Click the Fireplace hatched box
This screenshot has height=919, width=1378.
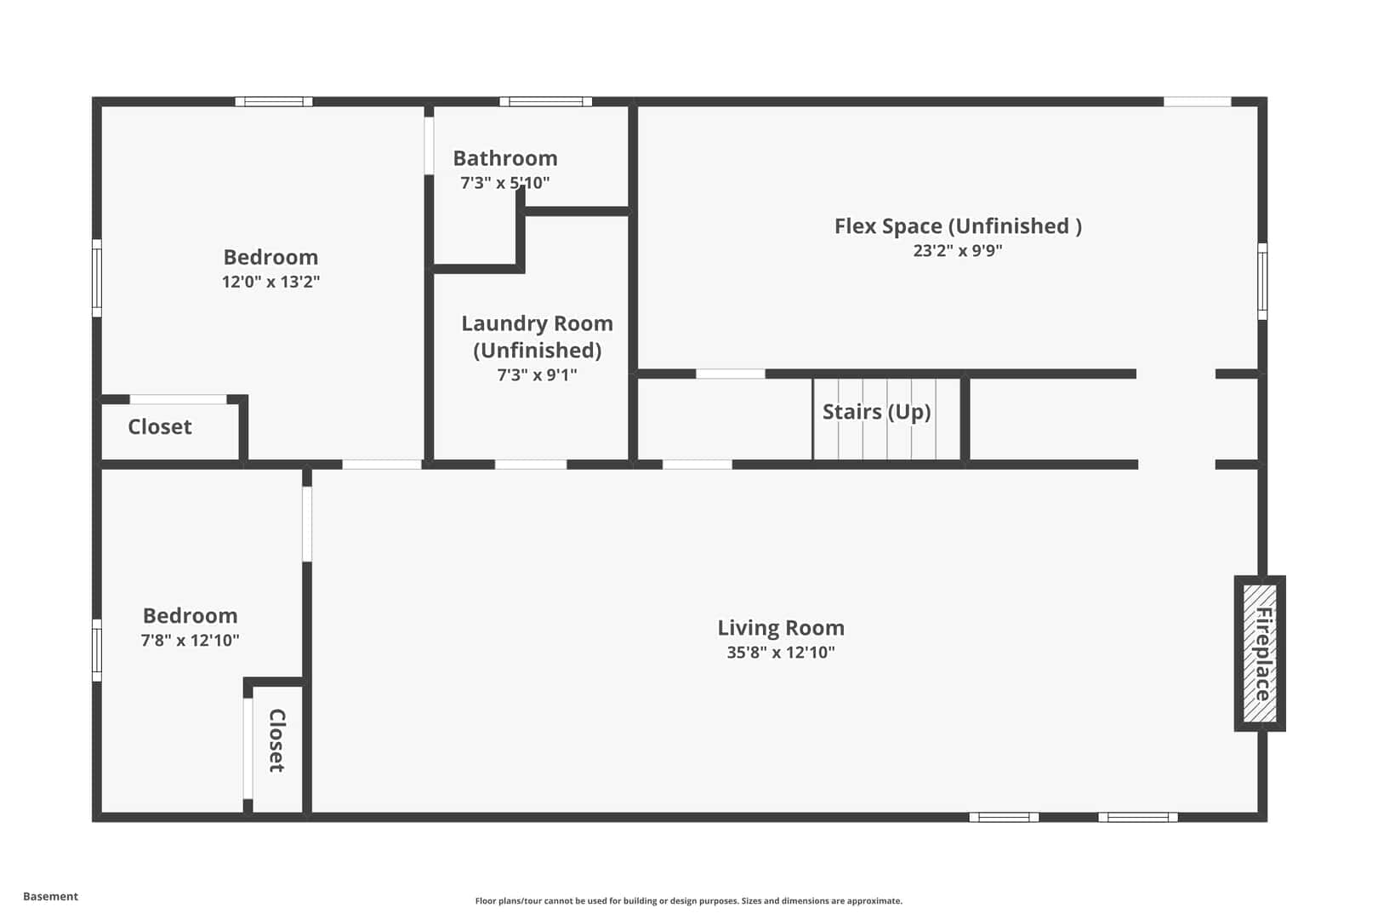pos(1260,654)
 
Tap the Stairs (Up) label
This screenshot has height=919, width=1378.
pos(876,412)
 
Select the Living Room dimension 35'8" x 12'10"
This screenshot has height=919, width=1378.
pos(781,653)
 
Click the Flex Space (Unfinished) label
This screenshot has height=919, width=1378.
pos(958,225)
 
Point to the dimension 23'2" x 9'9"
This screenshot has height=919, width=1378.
pos(958,250)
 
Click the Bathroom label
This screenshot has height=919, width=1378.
pos(505,158)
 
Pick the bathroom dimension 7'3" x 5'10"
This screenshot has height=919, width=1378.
pos(505,183)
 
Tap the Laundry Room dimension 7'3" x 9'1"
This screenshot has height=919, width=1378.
pos(537,375)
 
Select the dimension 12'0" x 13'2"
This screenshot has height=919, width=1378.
pos(270,282)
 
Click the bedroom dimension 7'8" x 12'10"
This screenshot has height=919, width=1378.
pos(190,640)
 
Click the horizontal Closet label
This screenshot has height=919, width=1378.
pos(160,426)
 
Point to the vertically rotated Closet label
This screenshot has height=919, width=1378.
pos(276,740)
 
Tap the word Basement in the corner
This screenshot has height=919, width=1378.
pos(50,896)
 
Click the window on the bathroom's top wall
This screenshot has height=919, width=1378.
pos(545,101)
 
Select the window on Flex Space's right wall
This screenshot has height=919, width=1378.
pos(1262,282)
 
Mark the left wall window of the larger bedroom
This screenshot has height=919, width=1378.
pos(97,278)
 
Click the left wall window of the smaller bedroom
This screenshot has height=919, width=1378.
pos(97,650)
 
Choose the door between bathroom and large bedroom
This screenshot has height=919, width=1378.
pos(429,146)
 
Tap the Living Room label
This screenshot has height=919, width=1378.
pos(781,628)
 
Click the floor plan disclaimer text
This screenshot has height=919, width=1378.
pos(688,900)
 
